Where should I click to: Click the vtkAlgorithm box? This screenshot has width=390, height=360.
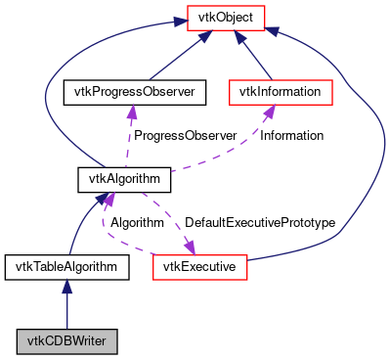pyautogui.click(x=124, y=180)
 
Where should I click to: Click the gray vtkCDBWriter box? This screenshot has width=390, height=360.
pyautogui.click(x=66, y=341)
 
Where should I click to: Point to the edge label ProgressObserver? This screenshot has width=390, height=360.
pyautogui.click(x=184, y=136)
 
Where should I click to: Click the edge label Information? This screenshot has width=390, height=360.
pyautogui.click(x=291, y=136)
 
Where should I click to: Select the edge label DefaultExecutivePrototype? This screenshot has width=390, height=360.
pyautogui.click(x=260, y=223)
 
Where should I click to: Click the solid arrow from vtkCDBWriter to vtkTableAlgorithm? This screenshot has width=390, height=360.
pyautogui.click(x=66, y=308)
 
